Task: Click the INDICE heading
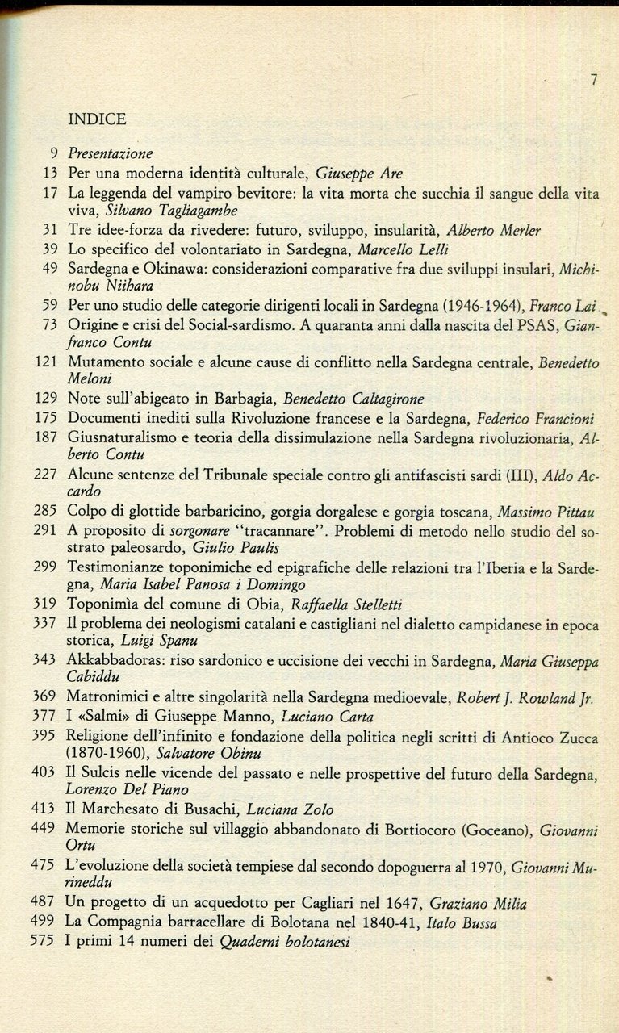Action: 98,119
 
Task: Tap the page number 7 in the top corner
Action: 594,79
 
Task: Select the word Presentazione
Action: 111,153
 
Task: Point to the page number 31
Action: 50,230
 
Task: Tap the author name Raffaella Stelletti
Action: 358,604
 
